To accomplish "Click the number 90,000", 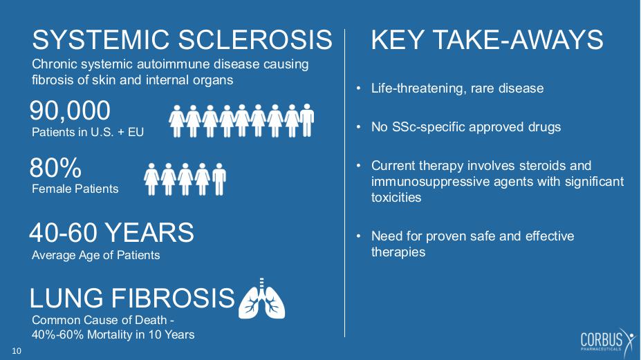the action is (x=70, y=111).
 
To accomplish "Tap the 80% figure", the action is (x=55, y=168).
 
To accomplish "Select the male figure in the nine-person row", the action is (x=306, y=120).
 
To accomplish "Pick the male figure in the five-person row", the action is (x=219, y=179).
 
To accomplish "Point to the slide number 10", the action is (x=17, y=351).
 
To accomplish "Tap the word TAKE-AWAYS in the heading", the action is (x=517, y=40).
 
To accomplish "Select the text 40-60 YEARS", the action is (x=111, y=232).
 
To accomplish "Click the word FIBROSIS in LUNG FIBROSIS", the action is (x=173, y=298).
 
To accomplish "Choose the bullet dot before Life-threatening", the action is (x=358, y=88).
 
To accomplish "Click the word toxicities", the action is (x=396, y=198).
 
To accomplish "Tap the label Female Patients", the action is (x=75, y=189).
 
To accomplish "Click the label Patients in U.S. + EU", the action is (x=88, y=133).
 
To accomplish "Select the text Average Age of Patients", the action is (x=95, y=256).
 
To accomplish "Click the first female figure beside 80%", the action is (x=151, y=179).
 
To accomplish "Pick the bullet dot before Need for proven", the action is (x=358, y=236).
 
